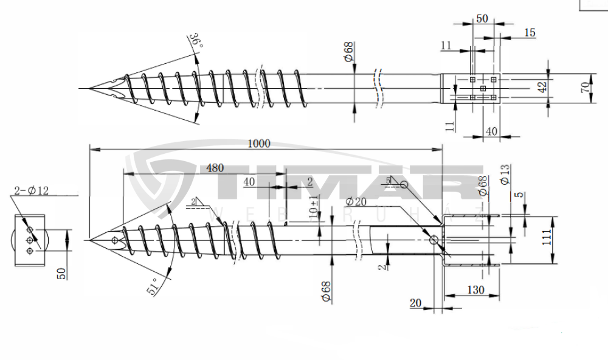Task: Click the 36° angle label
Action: click(195, 41)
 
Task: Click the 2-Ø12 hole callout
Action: click(31, 191)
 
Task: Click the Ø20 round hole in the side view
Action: click(434, 240)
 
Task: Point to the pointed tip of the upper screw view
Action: click(91, 89)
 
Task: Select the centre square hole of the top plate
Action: click(483, 89)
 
